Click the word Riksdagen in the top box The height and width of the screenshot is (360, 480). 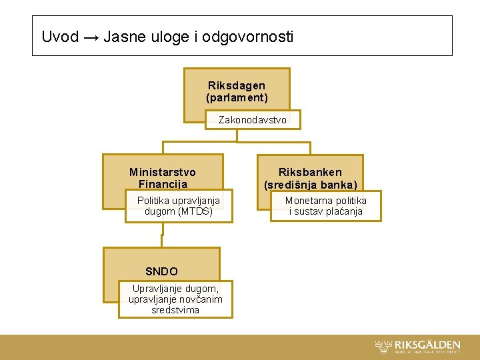coord(237,85)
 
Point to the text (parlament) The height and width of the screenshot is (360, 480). coord(237,98)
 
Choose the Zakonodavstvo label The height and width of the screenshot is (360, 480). coord(253,120)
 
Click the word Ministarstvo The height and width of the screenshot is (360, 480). coord(163,172)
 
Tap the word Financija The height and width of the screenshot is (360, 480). coord(163,184)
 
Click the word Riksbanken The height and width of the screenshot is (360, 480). coord(310,172)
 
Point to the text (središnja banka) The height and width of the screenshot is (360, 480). coord(311,185)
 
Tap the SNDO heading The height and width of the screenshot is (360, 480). coord(162,271)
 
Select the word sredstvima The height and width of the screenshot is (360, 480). coord(175,310)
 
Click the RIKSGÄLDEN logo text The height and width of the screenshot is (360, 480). coord(427,344)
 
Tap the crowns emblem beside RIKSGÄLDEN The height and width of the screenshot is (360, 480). coord(384,346)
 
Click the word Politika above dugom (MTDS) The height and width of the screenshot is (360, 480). coord(154,200)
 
